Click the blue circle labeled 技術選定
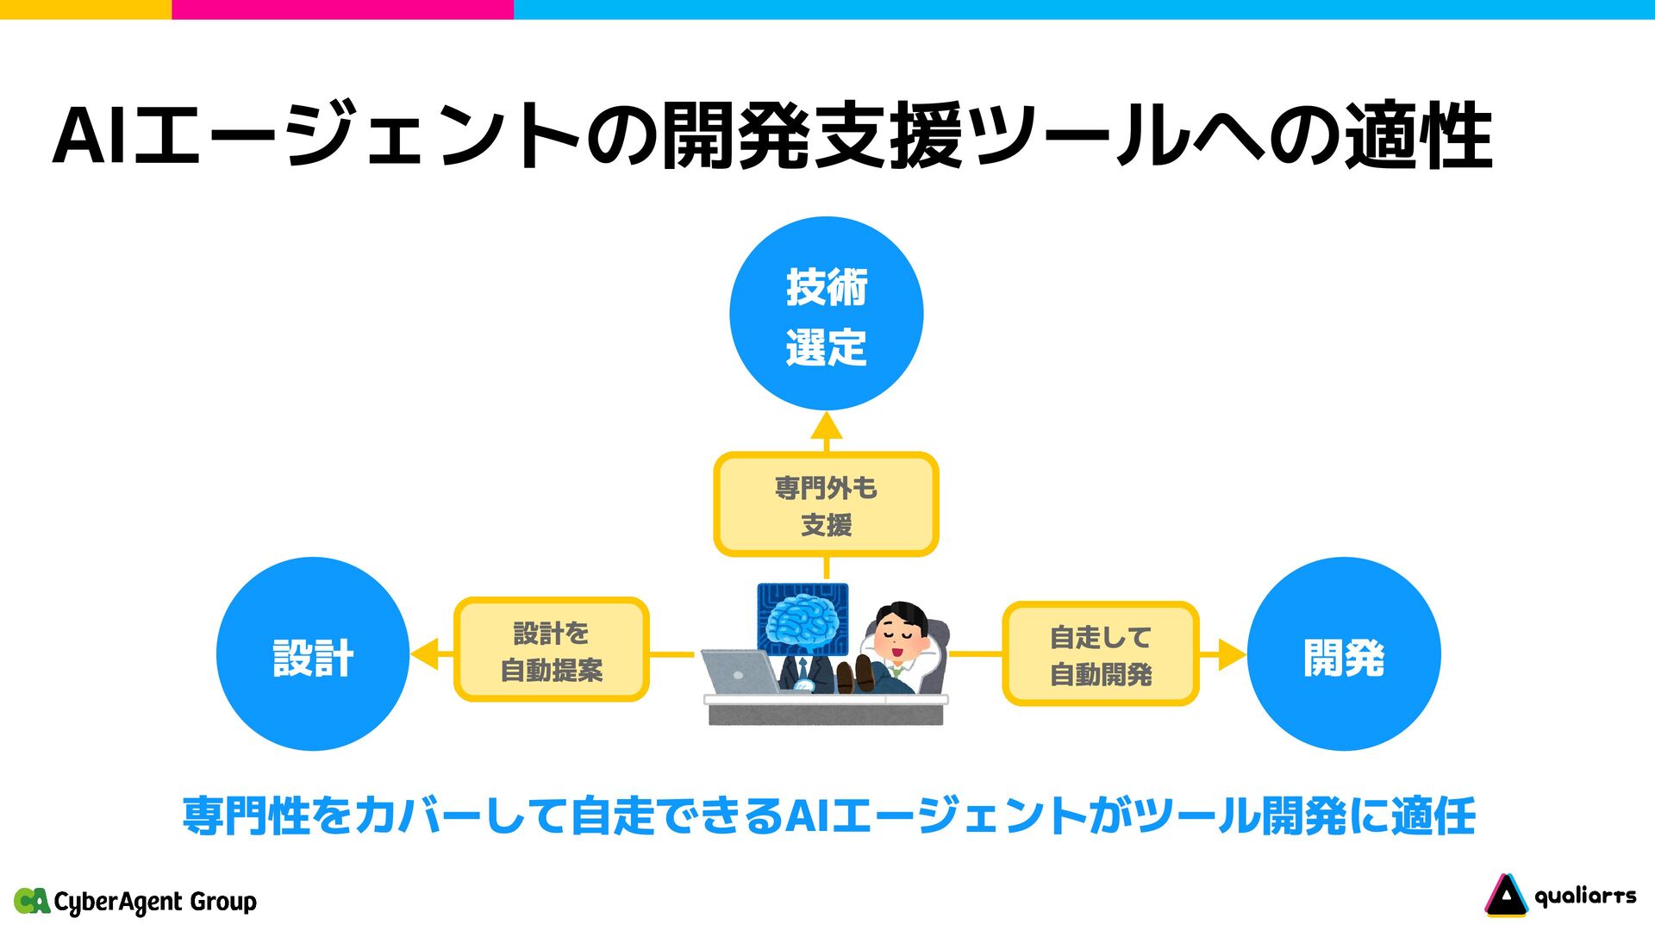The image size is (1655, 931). (826, 313)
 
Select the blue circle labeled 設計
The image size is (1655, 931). (313, 654)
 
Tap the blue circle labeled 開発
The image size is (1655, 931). (1343, 654)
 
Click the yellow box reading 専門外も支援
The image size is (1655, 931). (826, 504)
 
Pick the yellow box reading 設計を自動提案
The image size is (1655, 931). (551, 650)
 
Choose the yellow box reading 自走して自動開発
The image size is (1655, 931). (1100, 654)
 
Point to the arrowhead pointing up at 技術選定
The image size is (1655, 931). (826, 426)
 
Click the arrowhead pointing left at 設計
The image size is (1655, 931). (425, 654)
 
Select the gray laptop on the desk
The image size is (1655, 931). (739, 672)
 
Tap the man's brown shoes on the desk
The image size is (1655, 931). (854, 674)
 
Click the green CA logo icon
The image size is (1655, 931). (32, 901)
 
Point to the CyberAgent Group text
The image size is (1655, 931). (155, 902)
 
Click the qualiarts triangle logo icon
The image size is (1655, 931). (1505, 896)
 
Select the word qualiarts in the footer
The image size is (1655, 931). (1584, 897)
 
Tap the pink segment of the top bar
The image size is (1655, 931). (342, 9)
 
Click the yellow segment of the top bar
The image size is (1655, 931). (85, 9)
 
